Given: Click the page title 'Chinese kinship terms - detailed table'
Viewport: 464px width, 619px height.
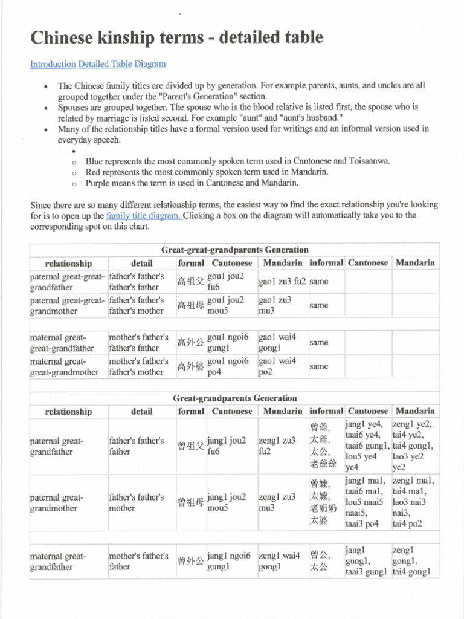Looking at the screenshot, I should coord(176,38).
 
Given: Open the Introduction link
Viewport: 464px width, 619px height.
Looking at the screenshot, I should coord(53,64).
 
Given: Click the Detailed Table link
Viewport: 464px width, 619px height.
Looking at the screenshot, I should coord(105,64).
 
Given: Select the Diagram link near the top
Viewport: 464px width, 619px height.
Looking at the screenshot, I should coord(150,64).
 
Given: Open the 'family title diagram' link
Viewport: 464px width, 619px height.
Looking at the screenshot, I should coord(144,216).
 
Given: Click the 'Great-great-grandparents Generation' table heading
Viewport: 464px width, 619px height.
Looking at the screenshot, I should coord(234,250).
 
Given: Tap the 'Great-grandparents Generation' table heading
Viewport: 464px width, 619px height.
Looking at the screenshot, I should coord(234,398).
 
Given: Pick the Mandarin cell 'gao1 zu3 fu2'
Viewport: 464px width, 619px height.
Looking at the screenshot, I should coord(283,282).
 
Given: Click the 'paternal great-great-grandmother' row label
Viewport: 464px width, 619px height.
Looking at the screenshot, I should coord(66,305).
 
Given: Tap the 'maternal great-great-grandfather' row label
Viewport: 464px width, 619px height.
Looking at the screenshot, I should coord(62,343).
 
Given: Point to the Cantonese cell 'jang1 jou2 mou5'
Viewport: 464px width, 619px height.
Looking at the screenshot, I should coord(227,502).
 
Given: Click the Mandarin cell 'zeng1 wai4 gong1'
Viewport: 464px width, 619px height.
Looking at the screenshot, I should coord(279,562).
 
